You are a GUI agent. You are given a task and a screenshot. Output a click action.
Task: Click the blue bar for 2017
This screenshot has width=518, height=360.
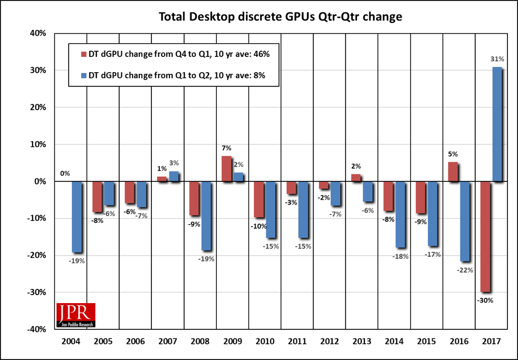[x=496, y=124]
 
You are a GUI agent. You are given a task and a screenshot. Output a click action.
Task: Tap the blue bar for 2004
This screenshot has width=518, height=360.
[x=76, y=217]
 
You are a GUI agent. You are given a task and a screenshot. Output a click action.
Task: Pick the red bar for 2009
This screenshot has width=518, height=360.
[x=226, y=169]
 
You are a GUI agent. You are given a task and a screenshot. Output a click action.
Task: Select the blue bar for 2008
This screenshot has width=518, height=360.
[x=205, y=216]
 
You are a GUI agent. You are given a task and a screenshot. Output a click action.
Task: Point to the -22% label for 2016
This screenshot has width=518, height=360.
[x=465, y=270]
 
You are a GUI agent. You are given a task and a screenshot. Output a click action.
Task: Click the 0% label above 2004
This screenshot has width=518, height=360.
[x=64, y=173]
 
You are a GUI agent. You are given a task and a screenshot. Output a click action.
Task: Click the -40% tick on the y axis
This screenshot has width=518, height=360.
[x=38, y=329]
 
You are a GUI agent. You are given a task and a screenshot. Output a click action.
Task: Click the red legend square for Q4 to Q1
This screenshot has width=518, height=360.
[x=82, y=54]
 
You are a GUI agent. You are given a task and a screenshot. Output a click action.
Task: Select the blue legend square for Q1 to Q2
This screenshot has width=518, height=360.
[x=82, y=76]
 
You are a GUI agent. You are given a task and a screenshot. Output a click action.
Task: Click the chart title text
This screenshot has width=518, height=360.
[x=281, y=17]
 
